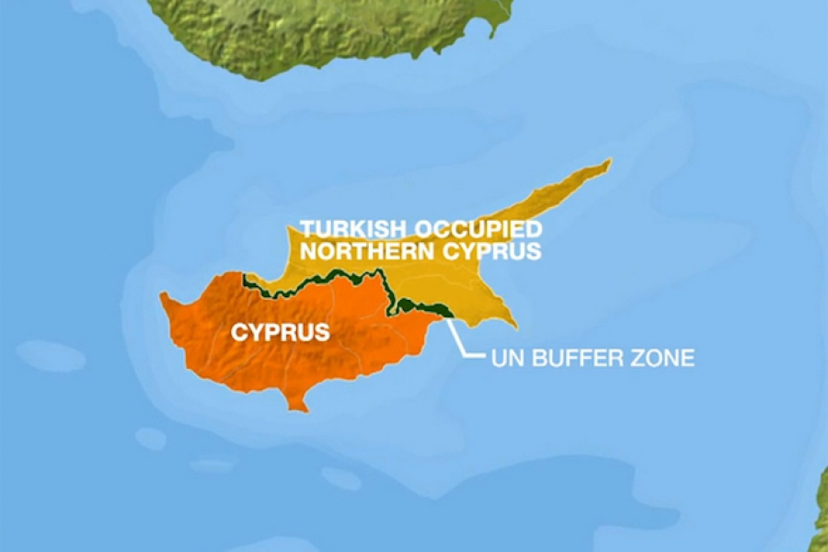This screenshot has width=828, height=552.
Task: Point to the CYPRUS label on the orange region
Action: (x=280, y=332)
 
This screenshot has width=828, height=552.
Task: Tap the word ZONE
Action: (x=660, y=357)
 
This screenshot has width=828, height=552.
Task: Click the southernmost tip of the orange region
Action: (x=296, y=408)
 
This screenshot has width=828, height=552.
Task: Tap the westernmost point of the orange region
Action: (x=162, y=296)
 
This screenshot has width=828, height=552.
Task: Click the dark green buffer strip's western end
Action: (x=246, y=278)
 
